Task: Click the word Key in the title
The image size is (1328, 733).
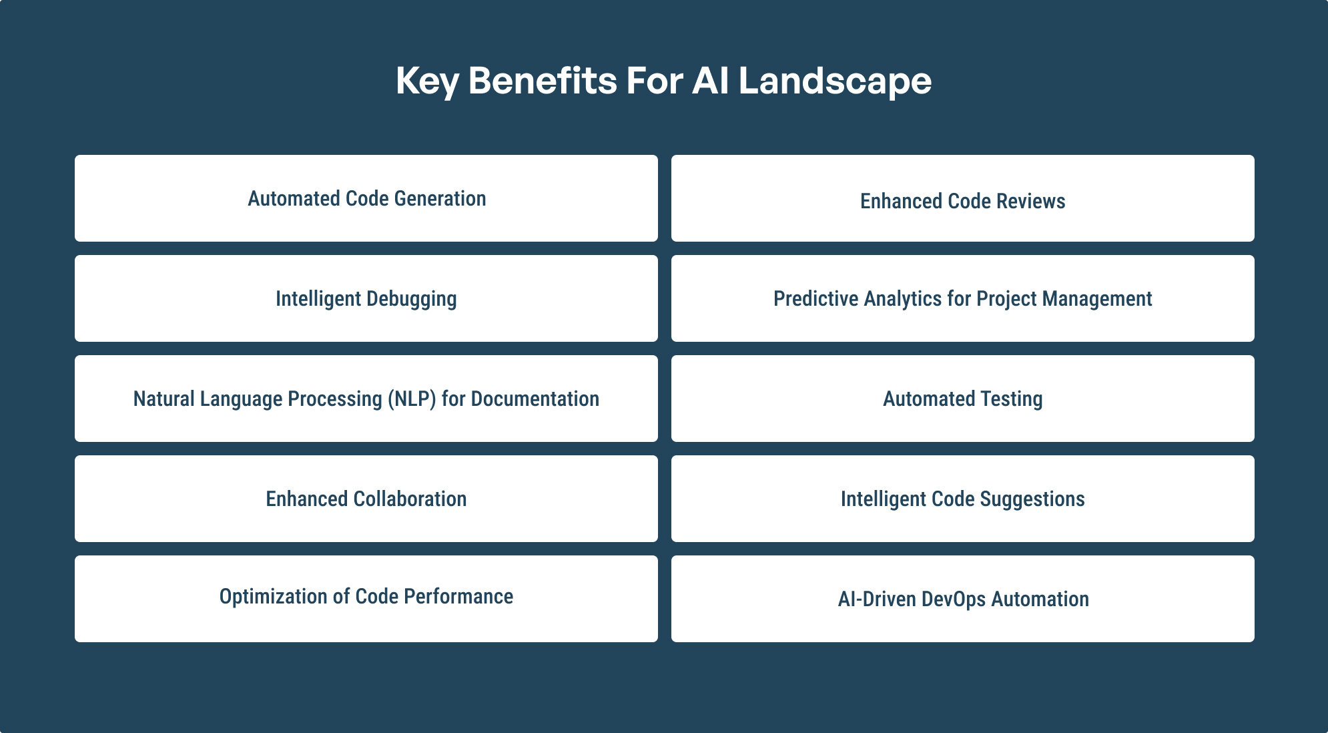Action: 427,82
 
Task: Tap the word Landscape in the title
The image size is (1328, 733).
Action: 835,82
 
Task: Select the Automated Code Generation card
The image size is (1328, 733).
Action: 366,198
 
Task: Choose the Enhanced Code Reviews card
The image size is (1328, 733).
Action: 963,198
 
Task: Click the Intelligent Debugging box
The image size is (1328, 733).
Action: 366,298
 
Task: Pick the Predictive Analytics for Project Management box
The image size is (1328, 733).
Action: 963,298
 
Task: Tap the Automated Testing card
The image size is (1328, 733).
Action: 963,399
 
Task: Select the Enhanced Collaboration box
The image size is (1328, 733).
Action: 366,499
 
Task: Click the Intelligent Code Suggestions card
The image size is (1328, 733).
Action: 963,499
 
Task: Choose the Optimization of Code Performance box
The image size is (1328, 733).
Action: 366,599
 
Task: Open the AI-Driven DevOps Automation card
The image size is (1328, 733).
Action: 963,599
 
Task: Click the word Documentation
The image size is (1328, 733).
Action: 535,399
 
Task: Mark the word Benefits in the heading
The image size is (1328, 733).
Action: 543,81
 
